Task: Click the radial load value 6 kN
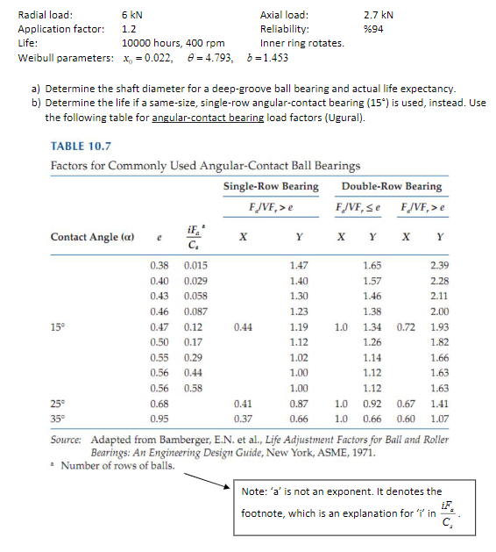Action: click(133, 15)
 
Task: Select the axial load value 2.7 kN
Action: click(378, 15)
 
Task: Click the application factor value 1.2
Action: click(128, 29)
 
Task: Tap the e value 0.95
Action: click(159, 418)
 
